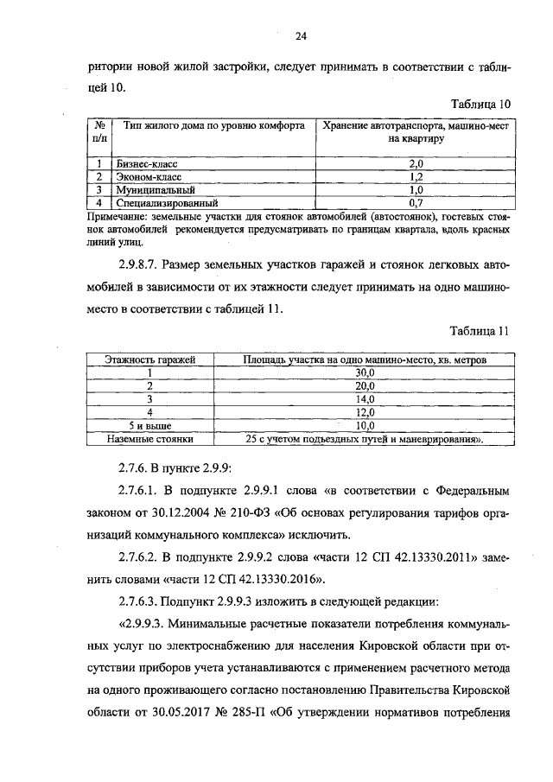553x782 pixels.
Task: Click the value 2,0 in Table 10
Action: coord(415,163)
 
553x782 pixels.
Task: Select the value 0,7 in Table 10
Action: coord(415,202)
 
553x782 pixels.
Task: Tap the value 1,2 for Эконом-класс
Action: coord(415,176)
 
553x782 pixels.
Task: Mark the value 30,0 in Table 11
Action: coord(365,372)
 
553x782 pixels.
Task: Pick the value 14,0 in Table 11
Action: coord(365,399)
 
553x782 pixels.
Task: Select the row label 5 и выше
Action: coord(149,426)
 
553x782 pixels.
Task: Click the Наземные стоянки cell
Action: coord(149,439)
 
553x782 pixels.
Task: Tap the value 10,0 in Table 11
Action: coord(365,426)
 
